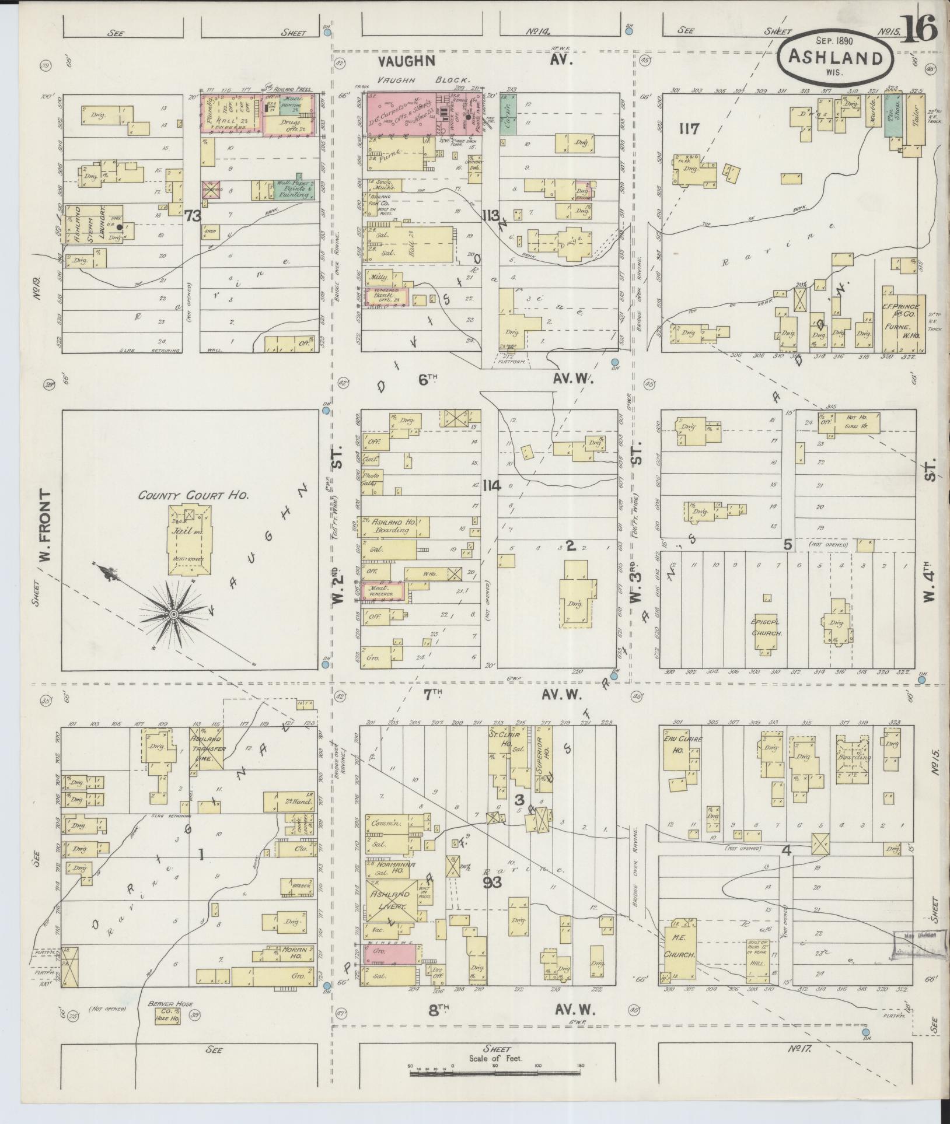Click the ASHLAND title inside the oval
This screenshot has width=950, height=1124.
(836, 58)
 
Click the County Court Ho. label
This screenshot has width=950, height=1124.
(194, 496)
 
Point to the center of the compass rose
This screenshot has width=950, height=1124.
(173, 615)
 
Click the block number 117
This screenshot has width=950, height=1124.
(689, 129)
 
